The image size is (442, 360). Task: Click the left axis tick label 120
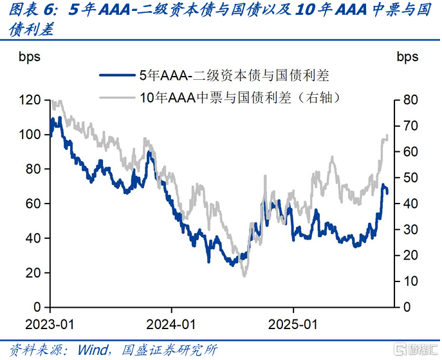30,100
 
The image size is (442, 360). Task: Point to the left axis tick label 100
30,135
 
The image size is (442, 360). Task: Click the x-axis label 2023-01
50,322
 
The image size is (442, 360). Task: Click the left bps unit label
29,57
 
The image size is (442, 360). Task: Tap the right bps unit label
407,57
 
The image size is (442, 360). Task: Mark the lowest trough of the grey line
244,276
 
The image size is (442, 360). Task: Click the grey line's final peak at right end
387,135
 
